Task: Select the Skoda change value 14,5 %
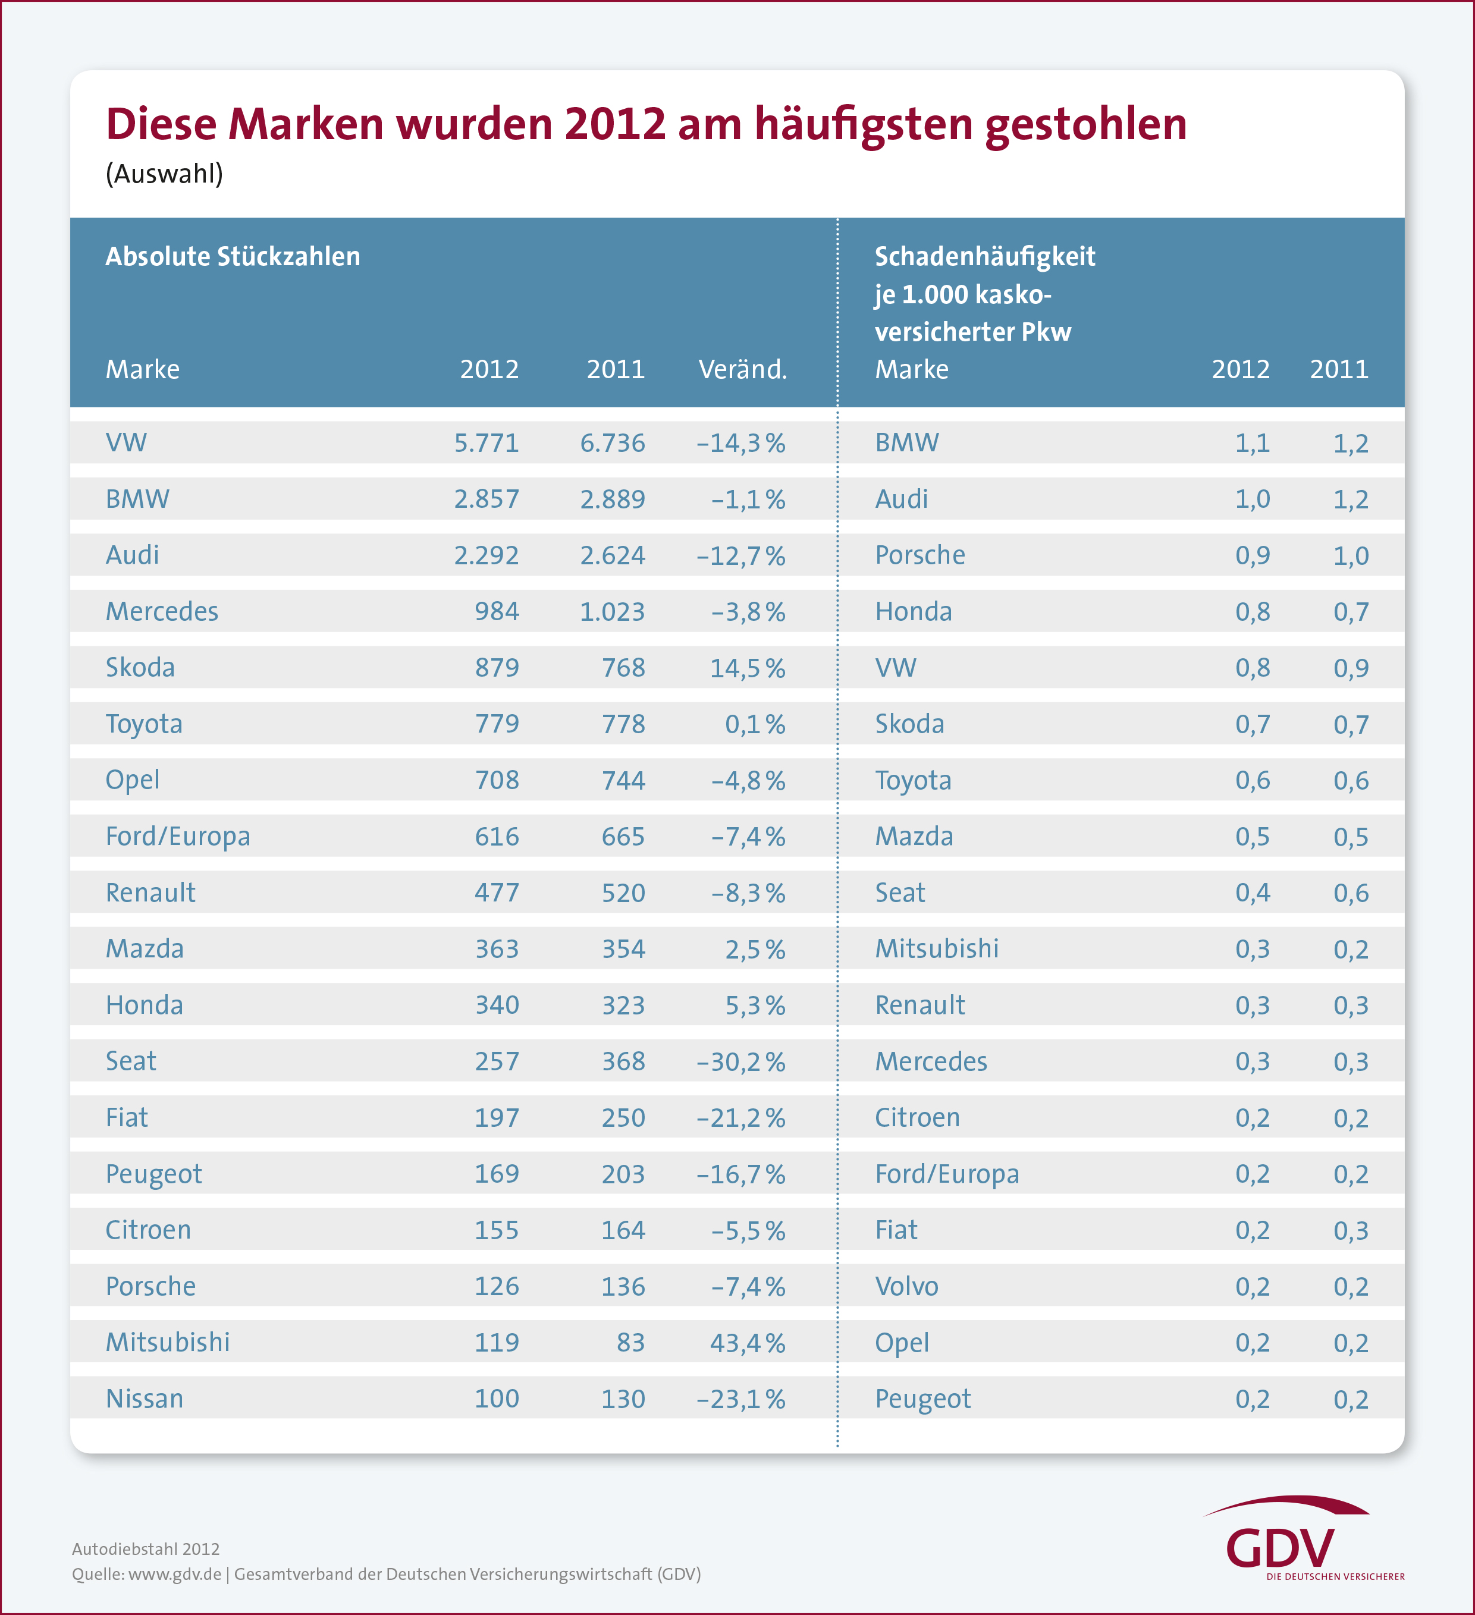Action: [x=746, y=668]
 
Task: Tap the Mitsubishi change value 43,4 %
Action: [x=746, y=1343]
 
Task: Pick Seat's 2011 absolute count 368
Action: [x=623, y=1061]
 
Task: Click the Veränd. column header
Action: [x=743, y=369]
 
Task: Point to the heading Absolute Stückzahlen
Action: [x=233, y=256]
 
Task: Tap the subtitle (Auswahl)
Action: [x=164, y=174]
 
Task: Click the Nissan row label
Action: [x=144, y=1399]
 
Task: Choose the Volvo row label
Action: [x=906, y=1287]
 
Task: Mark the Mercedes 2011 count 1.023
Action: [x=612, y=612]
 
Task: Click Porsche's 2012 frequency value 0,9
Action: [x=1253, y=555]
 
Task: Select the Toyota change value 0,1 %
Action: [x=755, y=724]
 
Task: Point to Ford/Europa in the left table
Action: [x=178, y=836]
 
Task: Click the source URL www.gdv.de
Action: [x=175, y=1574]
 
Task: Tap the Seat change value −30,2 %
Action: [x=740, y=1061]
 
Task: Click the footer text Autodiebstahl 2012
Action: [x=146, y=1550]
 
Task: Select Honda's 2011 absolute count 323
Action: [x=623, y=1006]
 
